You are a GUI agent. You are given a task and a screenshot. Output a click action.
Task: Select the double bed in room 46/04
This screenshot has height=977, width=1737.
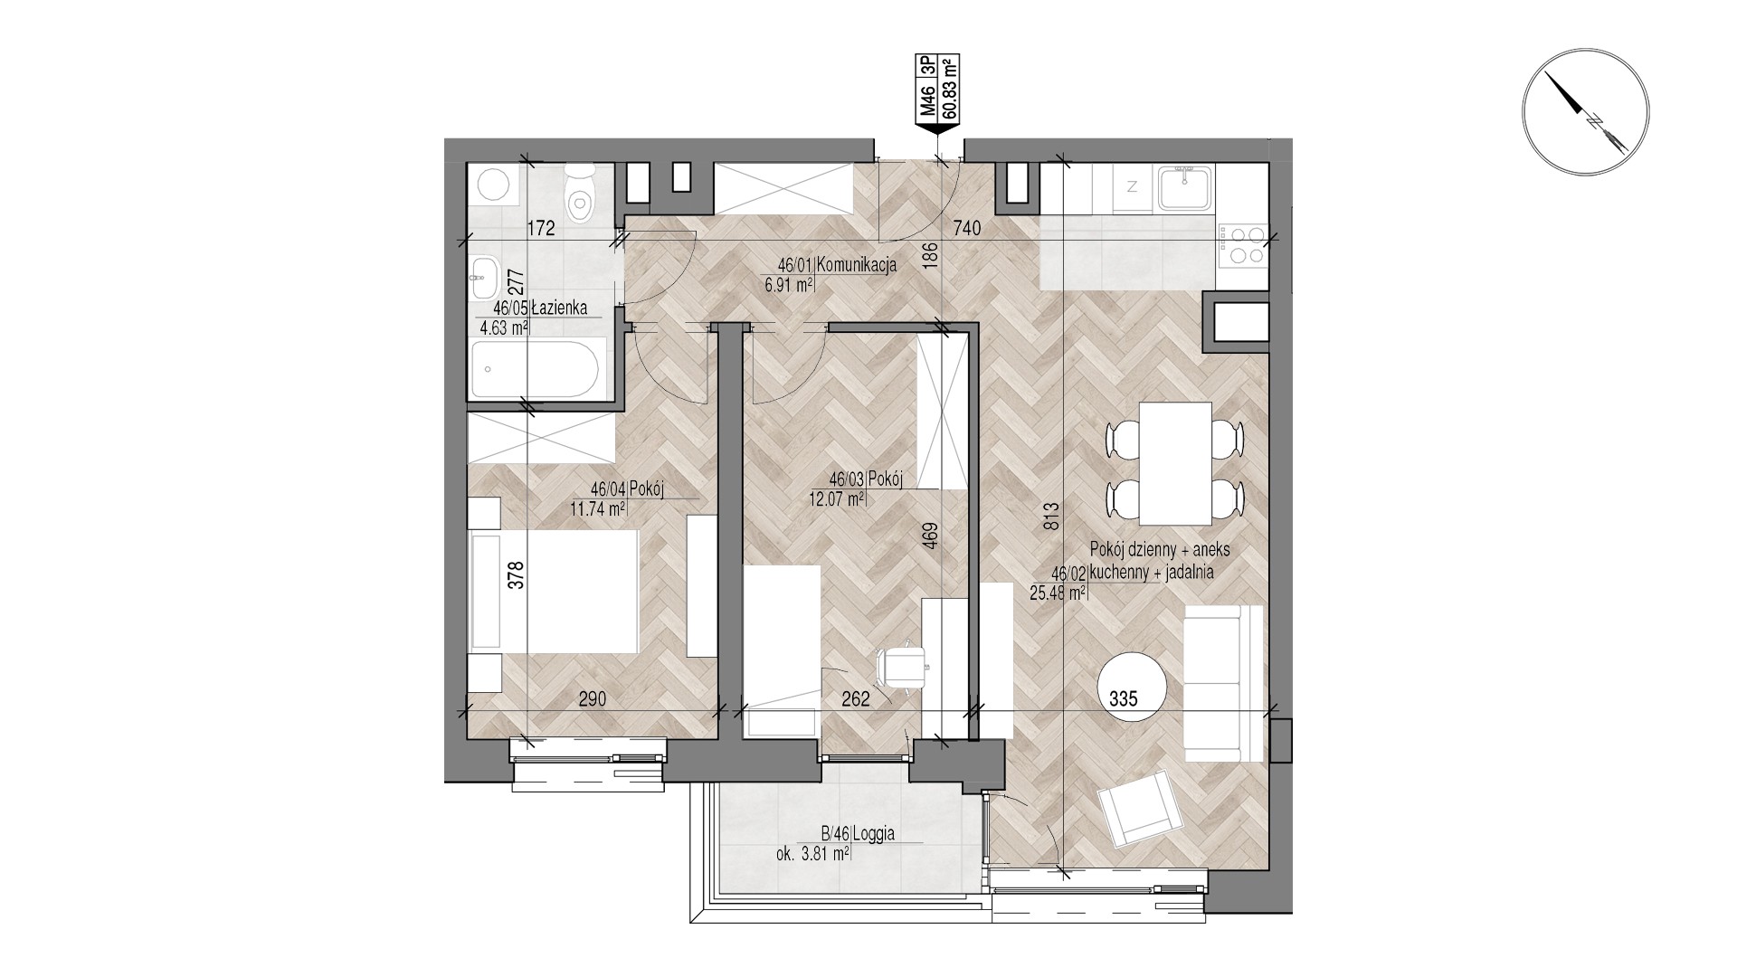[x=554, y=590]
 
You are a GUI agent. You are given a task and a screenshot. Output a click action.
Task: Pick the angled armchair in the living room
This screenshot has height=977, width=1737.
[x=1140, y=810]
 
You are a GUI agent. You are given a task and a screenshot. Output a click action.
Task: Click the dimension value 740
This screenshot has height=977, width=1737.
[x=966, y=229]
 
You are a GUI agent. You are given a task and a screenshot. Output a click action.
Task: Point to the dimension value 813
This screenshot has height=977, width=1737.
[x=1050, y=521]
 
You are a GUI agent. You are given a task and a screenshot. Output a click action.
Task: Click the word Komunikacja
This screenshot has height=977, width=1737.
[x=856, y=265]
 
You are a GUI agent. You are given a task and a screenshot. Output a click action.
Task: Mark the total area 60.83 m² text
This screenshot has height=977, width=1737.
[x=951, y=88]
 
